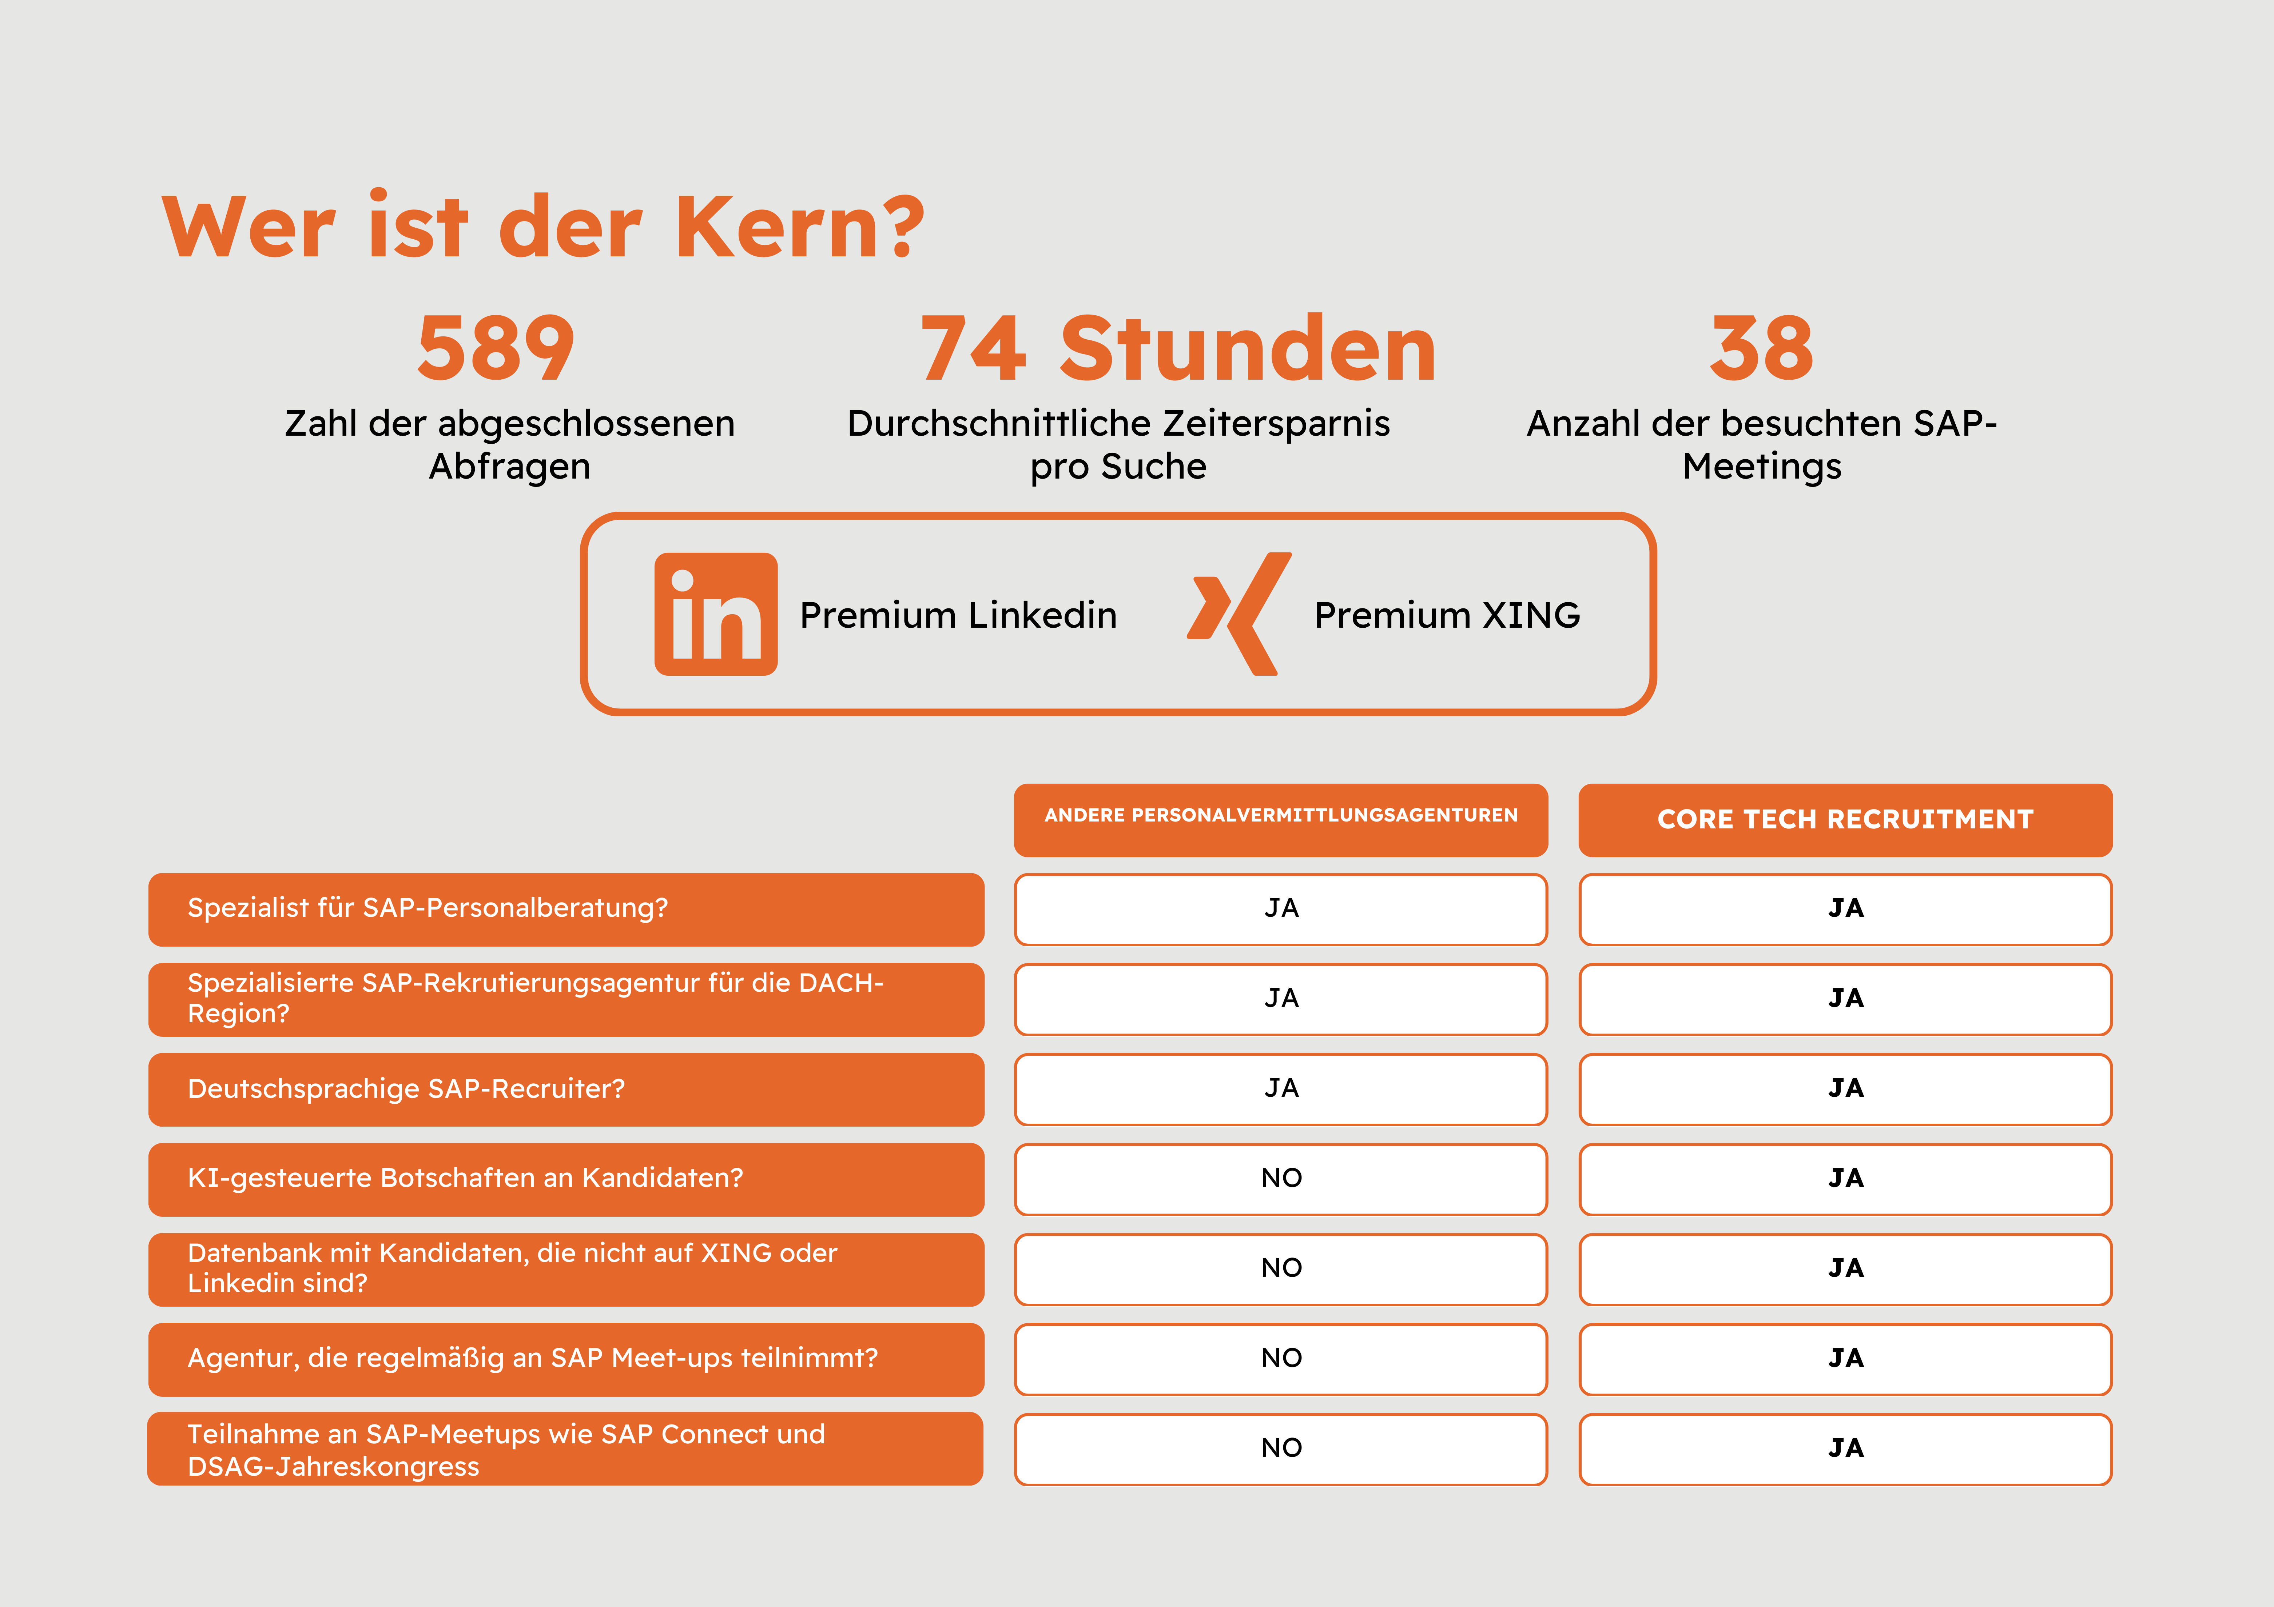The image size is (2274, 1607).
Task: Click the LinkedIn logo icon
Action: tap(715, 614)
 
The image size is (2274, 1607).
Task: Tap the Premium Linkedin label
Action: tap(958, 615)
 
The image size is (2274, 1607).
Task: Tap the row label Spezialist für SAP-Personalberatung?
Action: tap(428, 908)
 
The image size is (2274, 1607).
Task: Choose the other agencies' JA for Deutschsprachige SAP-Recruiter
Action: tap(1281, 1088)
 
